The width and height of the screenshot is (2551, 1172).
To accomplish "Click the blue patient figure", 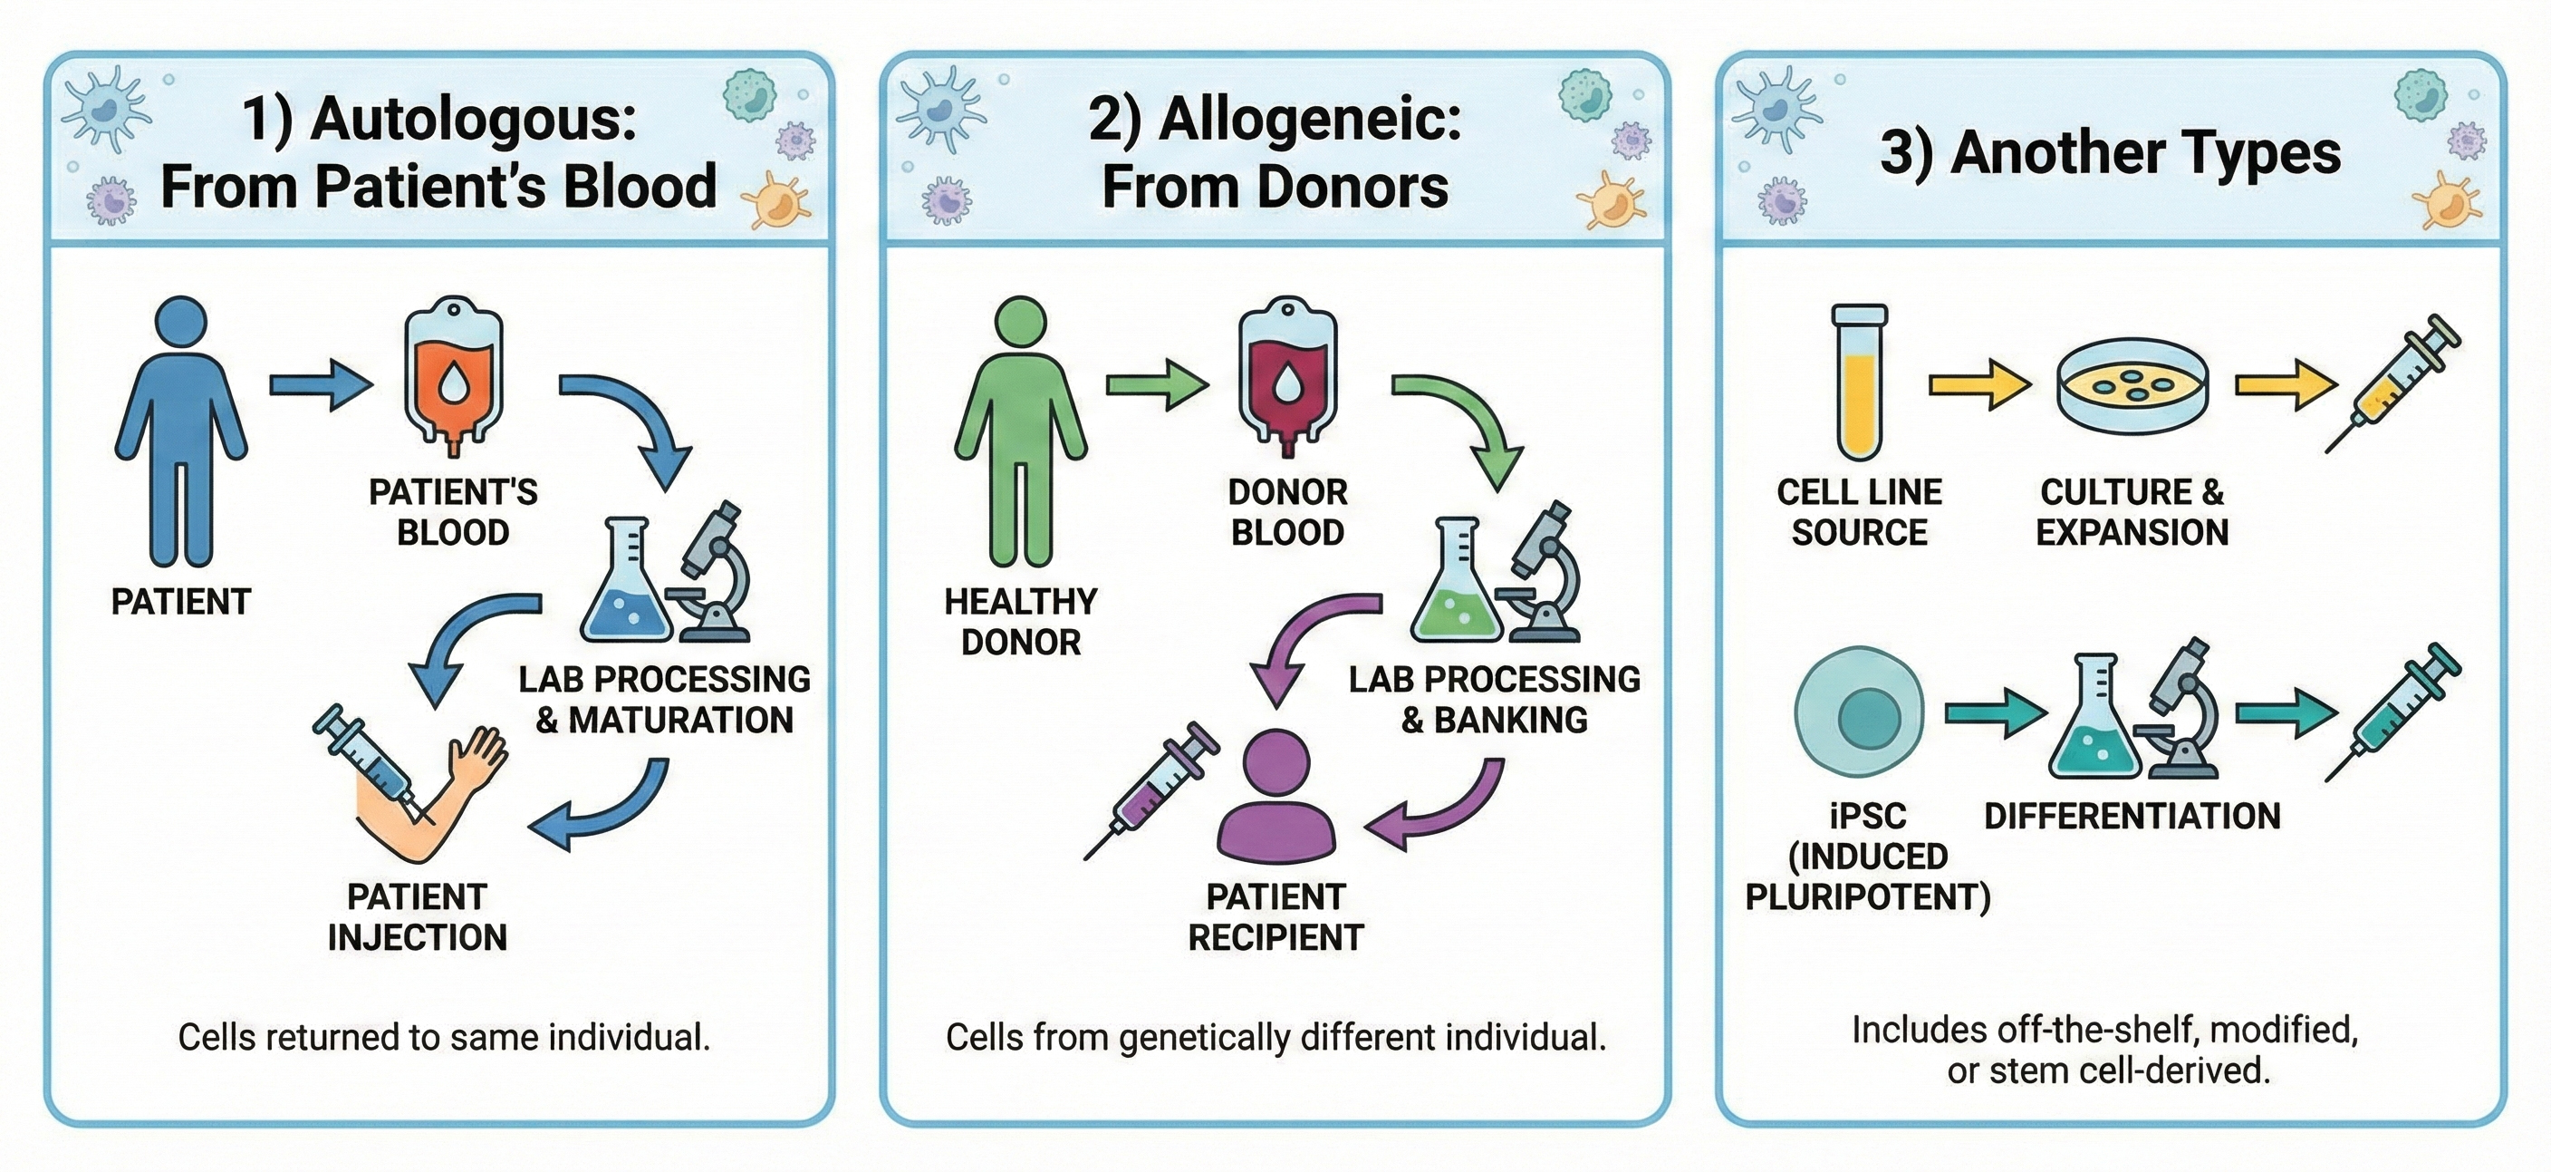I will point(181,431).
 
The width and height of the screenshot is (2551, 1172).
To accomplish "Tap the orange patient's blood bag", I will point(454,376).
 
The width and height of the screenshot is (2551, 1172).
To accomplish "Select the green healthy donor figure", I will point(1020,431).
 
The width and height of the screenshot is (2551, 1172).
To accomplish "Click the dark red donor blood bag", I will point(1287,376).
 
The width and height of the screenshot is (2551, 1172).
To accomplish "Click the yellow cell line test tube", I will point(1860,382).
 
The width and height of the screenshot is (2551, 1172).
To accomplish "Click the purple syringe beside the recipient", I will point(1154,788).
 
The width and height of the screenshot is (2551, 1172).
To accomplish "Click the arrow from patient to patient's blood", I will point(321,384).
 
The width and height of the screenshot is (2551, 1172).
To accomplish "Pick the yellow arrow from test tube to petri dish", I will point(1978,384).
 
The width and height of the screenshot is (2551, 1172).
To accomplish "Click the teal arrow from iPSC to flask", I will point(1995,712).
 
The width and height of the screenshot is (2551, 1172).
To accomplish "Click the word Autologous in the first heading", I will point(474,119).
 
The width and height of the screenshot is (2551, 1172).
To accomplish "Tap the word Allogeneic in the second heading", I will point(1309,119).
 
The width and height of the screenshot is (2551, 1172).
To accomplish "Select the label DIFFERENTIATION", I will point(2132,817).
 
